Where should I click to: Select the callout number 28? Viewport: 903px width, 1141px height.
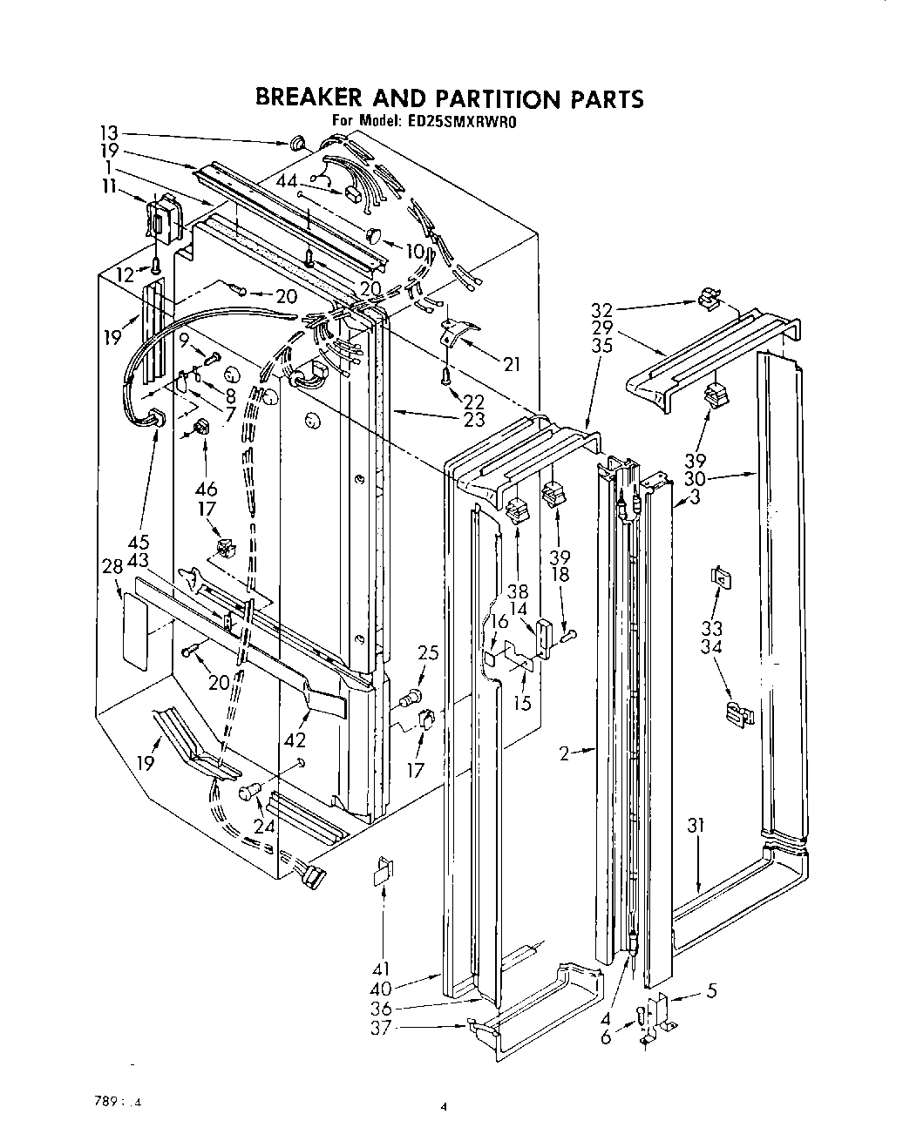click(112, 568)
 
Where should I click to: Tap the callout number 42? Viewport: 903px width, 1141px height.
click(297, 739)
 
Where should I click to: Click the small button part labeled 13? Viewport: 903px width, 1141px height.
click(296, 143)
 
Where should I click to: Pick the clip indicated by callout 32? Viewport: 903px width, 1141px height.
click(709, 300)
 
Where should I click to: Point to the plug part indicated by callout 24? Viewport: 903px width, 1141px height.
click(249, 792)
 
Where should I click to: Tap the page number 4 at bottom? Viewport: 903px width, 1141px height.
click(443, 1108)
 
